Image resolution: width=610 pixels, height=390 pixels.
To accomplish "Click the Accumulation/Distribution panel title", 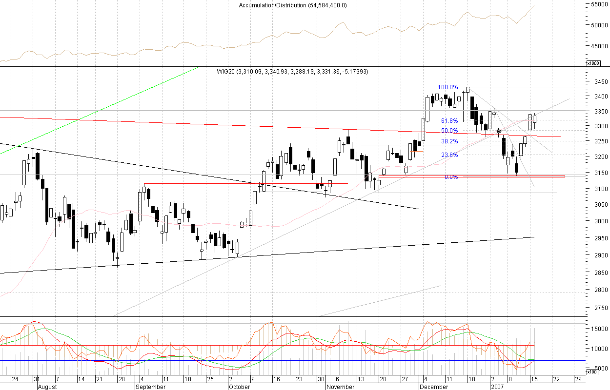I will click(x=293, y=5).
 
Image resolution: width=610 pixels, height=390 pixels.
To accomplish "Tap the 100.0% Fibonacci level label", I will click(x=447, y=87).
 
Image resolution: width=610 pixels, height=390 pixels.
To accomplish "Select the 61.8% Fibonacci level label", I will click(x=449, y=120).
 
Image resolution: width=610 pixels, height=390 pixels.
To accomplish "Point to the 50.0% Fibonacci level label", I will click(x=449, y=131).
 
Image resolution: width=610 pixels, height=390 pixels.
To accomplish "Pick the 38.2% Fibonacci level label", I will click(x=449, y=141).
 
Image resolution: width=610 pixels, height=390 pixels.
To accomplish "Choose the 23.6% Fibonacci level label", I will click(x=449, y=155).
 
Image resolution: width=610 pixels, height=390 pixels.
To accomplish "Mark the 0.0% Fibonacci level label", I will click(x=451, y=177).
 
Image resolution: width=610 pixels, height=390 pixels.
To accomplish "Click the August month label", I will click(x=47, y=387).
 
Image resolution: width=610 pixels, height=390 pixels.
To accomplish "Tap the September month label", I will click(x=151, y=387).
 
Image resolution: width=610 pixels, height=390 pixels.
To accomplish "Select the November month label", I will click(x=340, y=387).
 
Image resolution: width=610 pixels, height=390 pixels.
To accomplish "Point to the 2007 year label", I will click(x=497, y=387).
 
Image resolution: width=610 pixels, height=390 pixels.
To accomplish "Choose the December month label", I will click(x=434, y=387).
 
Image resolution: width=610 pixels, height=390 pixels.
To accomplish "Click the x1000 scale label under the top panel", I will click(x=593, y=63).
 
